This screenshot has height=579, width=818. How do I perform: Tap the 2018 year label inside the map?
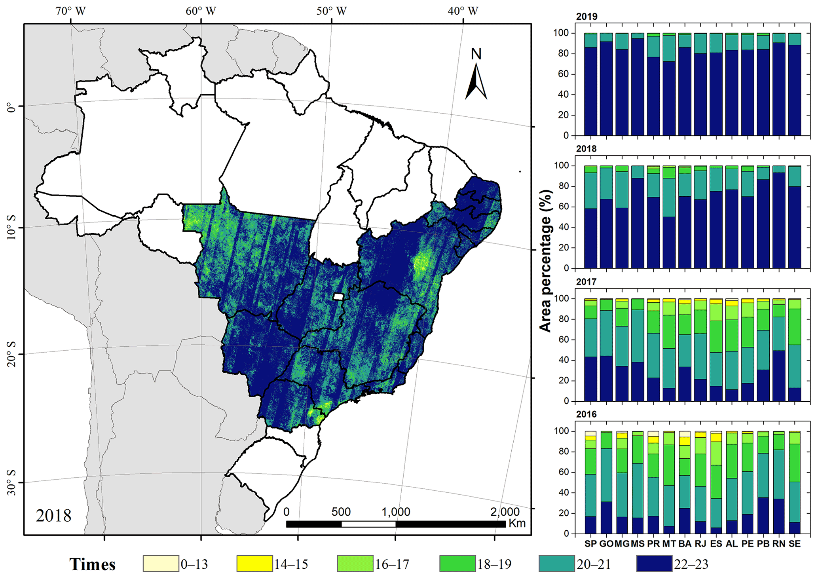tap(53, 515)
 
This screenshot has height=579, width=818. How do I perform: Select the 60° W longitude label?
tap(201, 11)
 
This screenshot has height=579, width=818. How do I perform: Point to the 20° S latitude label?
tap(12, 355)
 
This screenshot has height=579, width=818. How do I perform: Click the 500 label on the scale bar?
tap(341, 512)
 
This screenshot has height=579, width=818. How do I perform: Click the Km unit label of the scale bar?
tap(517, 523)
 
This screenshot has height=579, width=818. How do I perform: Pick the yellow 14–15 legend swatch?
tap(254, 564)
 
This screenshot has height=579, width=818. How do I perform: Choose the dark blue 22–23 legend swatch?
tap(654, 564)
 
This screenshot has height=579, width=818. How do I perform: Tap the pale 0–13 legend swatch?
tap(161, 564)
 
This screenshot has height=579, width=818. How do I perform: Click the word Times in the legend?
tap(92, 564)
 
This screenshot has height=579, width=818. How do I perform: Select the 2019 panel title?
tap(586, 17)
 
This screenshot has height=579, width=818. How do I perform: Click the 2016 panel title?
tap(586, 414)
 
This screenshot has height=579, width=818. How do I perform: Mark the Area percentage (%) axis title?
tap(546, 261)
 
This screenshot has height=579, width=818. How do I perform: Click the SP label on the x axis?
tap(590, 544)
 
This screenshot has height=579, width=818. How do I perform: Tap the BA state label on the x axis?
tap(685, 544)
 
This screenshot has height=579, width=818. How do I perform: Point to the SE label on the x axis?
tap(795, 544)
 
